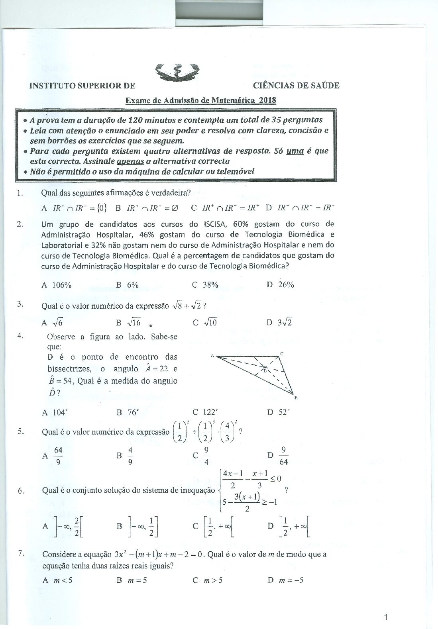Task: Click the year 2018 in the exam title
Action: [x=267, y=100]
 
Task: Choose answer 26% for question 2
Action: [x=286, y=285]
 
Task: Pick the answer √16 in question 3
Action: [x=134, y=322]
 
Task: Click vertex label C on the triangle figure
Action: [x=281, y=353]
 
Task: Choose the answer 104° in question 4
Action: [x=60, y=412]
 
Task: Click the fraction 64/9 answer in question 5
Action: [x=58, y=456]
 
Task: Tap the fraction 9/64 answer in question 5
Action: [x=283, y=456]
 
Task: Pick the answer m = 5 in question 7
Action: [x=137, y=580]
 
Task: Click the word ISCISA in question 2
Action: [x=216, y=224]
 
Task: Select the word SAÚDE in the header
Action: [x=324, y=85]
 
